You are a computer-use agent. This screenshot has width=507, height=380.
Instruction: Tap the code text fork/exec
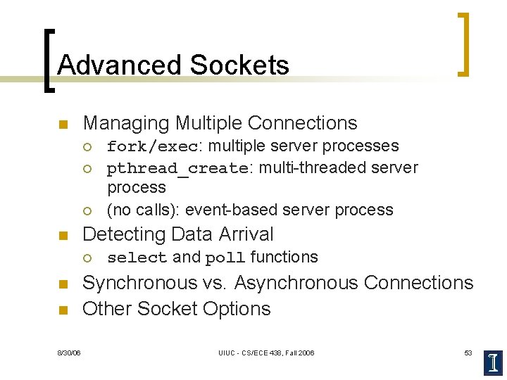152,146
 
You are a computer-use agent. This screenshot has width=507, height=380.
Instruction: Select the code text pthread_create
177,169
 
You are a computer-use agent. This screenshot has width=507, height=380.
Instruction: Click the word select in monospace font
137,258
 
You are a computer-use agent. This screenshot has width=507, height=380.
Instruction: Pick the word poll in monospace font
225,258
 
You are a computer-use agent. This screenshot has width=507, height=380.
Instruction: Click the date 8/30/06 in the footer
69,353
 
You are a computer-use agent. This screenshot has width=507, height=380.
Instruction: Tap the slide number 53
468,353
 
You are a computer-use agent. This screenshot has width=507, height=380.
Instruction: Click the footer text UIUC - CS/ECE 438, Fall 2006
266,353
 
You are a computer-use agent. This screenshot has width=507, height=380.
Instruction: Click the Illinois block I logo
492,362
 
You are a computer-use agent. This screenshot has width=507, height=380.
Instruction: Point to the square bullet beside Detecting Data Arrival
62,235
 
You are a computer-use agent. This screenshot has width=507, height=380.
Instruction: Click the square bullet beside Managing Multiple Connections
62,125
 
